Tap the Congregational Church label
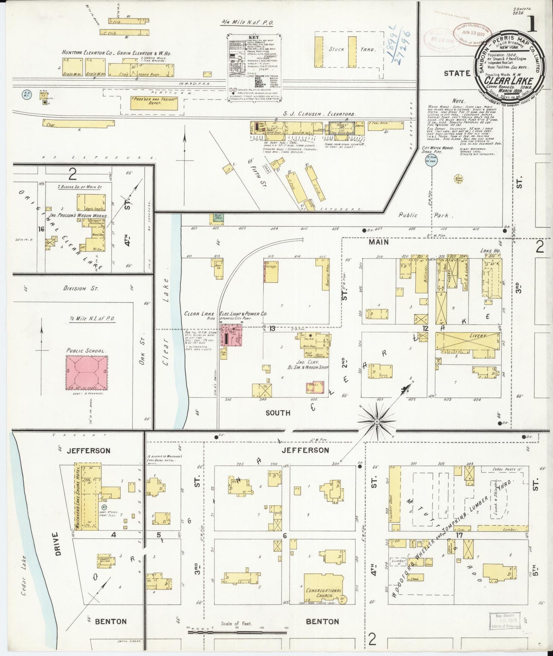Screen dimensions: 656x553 pyautogui.click(x=323, y=593)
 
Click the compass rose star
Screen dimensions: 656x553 pyautogui.click(x=377, y=421)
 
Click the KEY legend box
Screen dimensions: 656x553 pyautogui.click(x=254, y=68)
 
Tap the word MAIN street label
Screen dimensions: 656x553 pyautogui.click(x=379, y=242)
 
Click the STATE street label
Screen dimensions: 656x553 pyautogui.click(x=457, y=73)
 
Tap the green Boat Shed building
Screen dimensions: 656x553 pyautogui.click(x=214, y=219)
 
